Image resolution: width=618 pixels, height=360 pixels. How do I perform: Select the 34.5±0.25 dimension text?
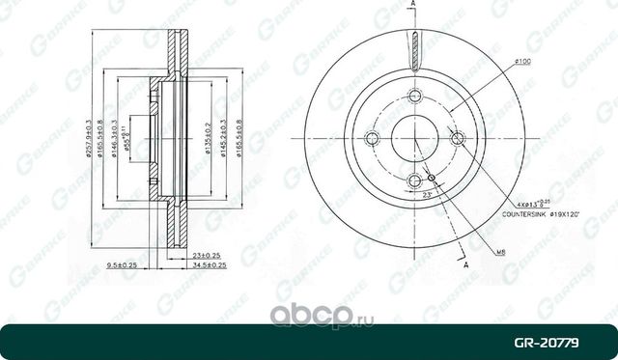tap(209, 263)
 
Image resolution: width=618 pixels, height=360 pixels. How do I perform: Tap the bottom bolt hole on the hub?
tap(415, 180)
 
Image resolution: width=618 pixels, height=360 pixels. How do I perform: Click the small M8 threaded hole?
tap(432, 177)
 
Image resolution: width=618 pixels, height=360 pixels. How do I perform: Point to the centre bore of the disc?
tap(415, 137)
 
